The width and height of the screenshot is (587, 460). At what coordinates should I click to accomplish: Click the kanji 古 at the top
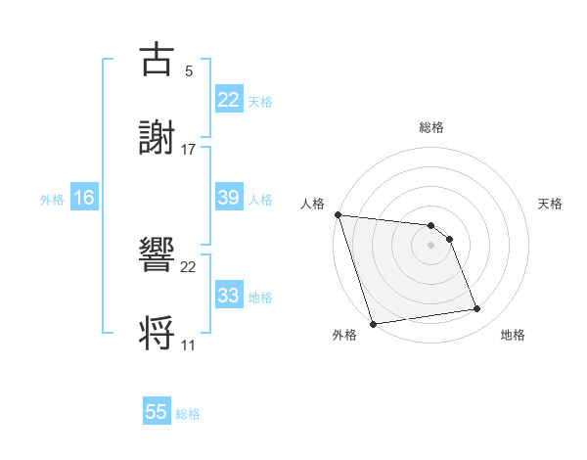[157, 60]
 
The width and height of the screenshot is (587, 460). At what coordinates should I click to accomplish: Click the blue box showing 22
[229, 100]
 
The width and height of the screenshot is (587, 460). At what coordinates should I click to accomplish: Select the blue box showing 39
[229, 198]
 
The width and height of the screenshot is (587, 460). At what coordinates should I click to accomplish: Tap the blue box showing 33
[229, 296]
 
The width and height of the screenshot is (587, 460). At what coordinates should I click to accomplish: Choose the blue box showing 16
[84, 198]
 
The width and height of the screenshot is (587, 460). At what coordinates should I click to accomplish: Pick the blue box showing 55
[157, 412]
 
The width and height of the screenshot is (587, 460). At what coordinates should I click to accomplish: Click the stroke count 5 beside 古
[189, 71]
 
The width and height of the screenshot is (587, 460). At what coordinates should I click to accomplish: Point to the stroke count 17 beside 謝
[189, 149]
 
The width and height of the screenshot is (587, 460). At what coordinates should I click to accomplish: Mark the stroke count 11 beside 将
[189, 345]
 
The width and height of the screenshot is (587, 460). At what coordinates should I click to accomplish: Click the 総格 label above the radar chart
[431, 127]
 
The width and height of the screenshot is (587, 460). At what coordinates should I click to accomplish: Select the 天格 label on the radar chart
[550, 204]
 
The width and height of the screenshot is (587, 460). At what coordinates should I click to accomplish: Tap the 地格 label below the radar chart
[513, 335]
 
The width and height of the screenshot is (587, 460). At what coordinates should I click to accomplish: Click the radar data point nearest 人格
[338, 214]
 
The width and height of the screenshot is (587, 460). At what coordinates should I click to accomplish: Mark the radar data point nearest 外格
[373, 323]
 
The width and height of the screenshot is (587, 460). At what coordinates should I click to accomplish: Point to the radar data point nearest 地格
[477, 309]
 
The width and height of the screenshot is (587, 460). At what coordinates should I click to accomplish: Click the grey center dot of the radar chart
[431, 245]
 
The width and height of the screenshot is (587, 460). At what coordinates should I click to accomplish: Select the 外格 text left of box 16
[52, 199]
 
